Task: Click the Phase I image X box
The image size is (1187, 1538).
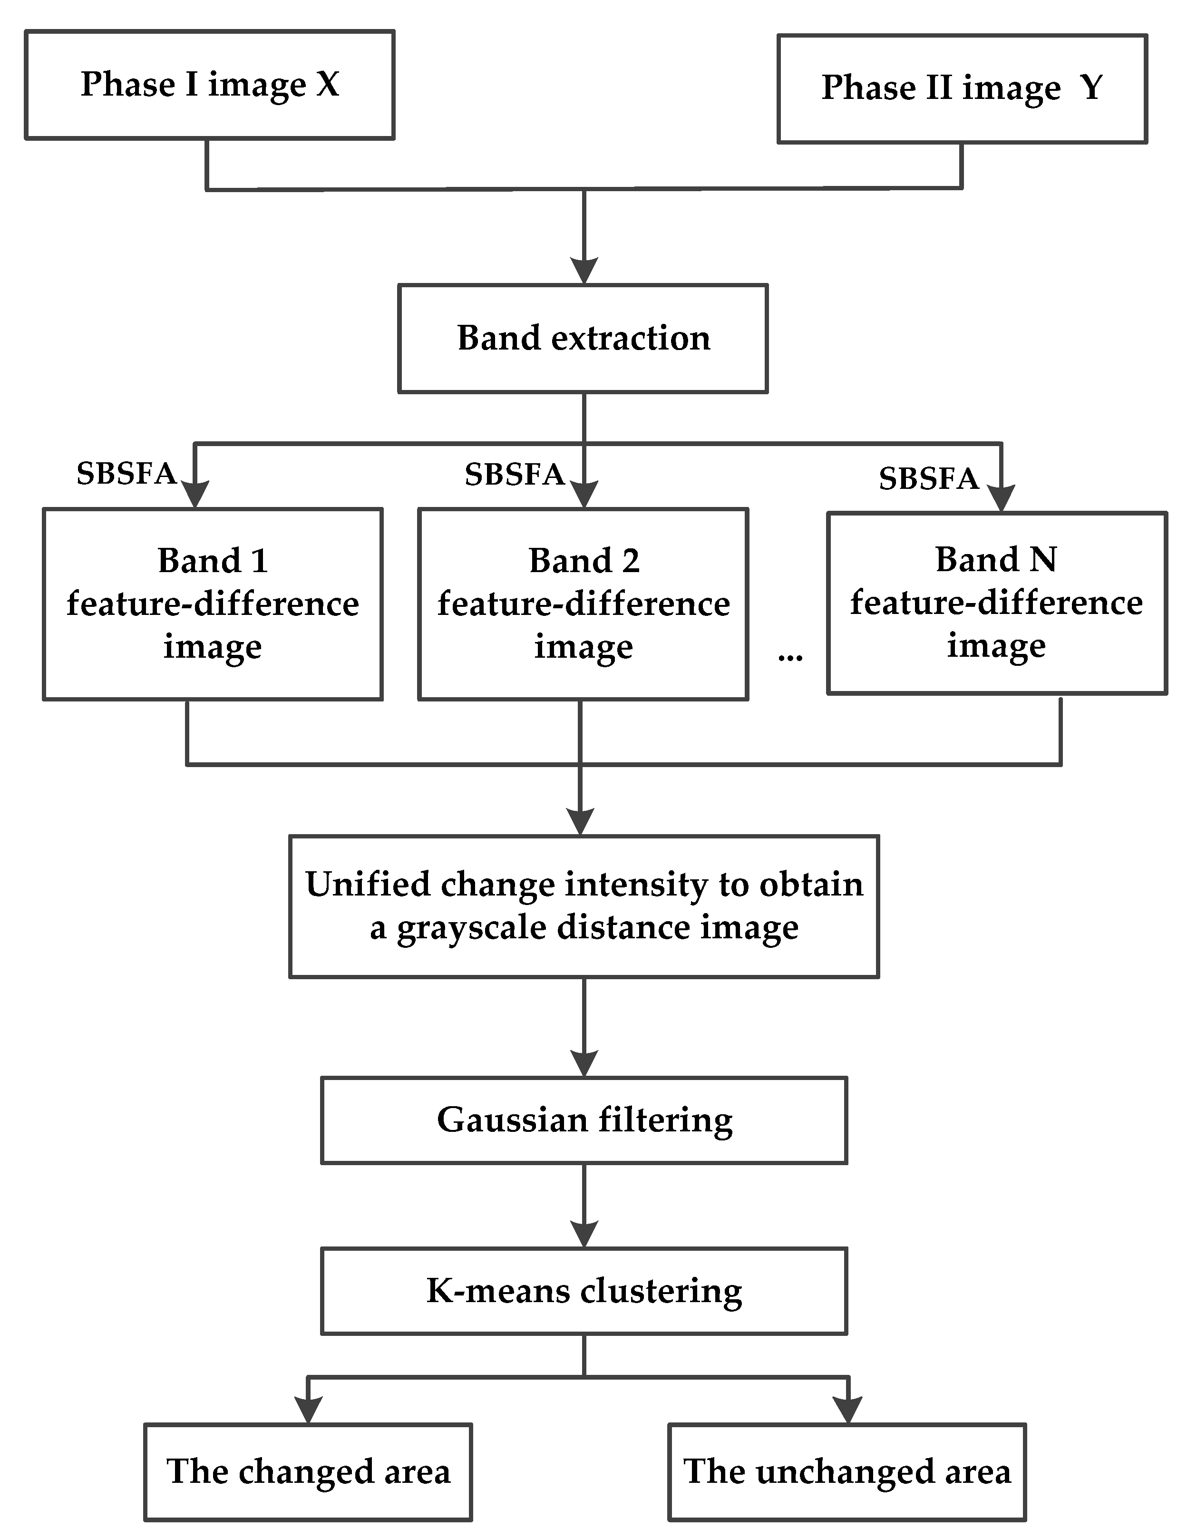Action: pos(209,85)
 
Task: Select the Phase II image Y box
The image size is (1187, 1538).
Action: pos(962,89)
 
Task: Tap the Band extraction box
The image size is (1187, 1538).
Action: pos(583,338)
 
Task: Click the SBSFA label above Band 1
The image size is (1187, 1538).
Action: pos(126,474)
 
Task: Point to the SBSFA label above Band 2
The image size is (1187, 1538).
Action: pos(515,476)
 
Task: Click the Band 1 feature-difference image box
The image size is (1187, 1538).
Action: pos(213,604)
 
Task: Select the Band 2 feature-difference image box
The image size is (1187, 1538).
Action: pos(583,604)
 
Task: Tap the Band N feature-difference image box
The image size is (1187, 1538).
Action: pos(996,604)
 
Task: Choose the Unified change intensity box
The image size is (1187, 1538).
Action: pos(584,906)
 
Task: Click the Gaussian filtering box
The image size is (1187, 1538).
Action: pos(584,1119)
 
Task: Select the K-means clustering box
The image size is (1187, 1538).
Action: pos(584,1291)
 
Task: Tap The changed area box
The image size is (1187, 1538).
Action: pos(308,1471)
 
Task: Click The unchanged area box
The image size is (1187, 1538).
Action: pos(847,1471)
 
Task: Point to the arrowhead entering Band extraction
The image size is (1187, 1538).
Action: pos(584,271)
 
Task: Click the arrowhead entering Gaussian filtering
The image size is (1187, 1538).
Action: pos(584,1063)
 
